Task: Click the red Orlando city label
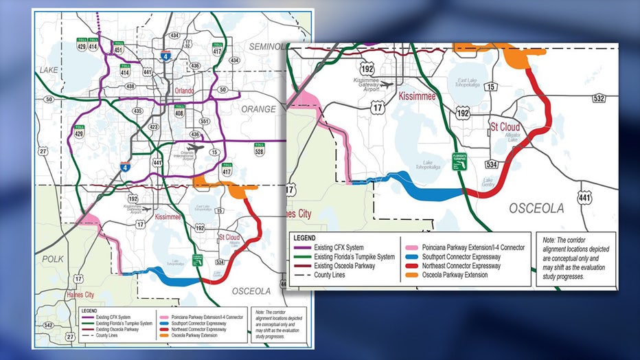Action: (x=183, y=91)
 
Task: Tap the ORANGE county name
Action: (x=259, y=109)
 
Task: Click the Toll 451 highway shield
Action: (x=118, y=48)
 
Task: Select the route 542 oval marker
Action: (x=46, y=324)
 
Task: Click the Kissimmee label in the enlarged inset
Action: (x=418, y=97)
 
